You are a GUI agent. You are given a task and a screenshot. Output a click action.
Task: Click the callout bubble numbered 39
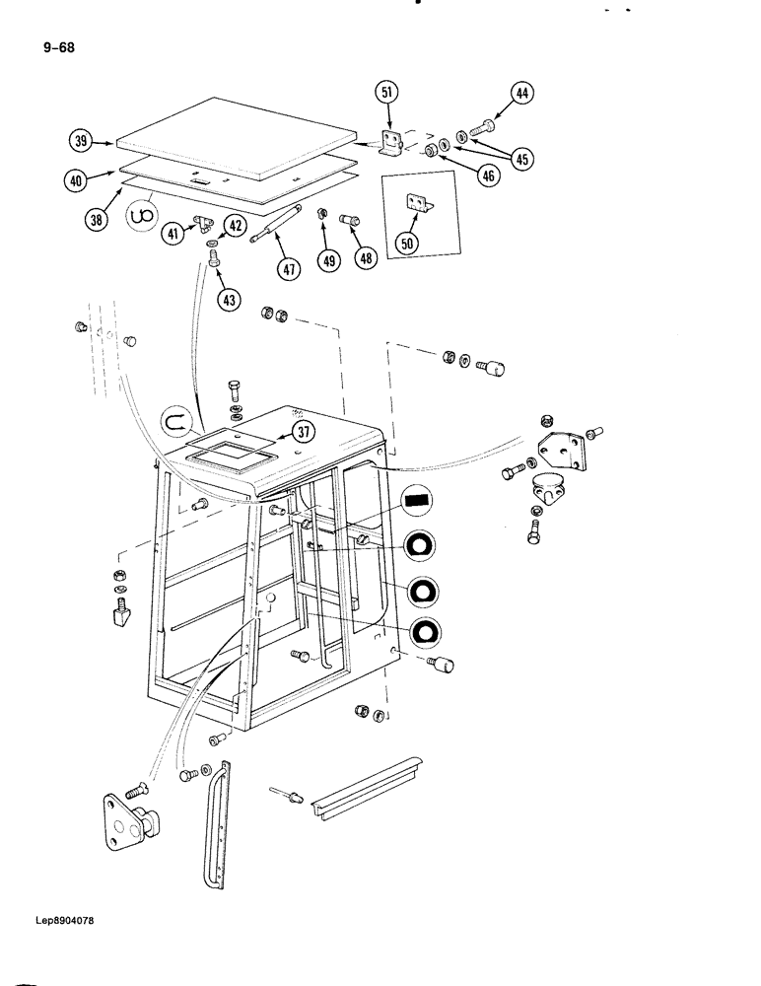coord(81,141)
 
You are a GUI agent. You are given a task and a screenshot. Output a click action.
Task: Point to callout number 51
coord(386,93)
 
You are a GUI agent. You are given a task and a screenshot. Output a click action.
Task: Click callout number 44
coord(521,95)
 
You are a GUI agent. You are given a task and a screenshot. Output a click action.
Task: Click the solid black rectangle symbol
coord(419,501)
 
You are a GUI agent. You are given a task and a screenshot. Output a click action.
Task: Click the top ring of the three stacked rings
coord(420,545)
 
